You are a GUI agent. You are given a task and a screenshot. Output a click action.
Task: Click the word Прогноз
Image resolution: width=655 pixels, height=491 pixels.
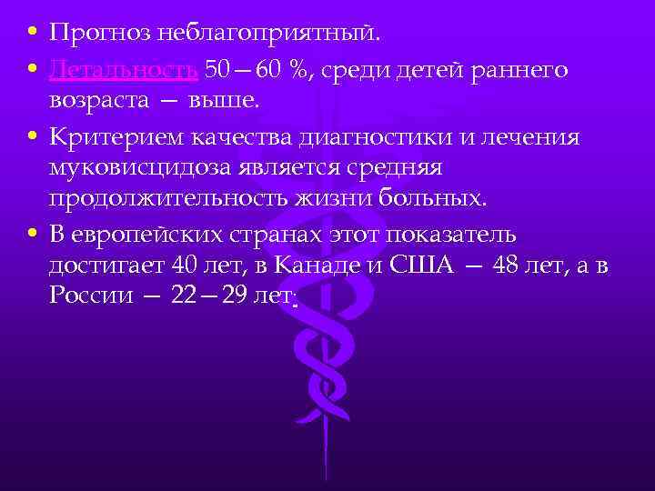[89, 35]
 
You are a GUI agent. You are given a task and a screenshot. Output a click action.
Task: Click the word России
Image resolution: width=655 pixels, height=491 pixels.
[87, 297]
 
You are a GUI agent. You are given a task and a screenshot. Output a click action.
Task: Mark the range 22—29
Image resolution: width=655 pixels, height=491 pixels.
[190, 297]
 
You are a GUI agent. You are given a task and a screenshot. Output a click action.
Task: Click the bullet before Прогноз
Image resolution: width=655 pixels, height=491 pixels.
[33, 35]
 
